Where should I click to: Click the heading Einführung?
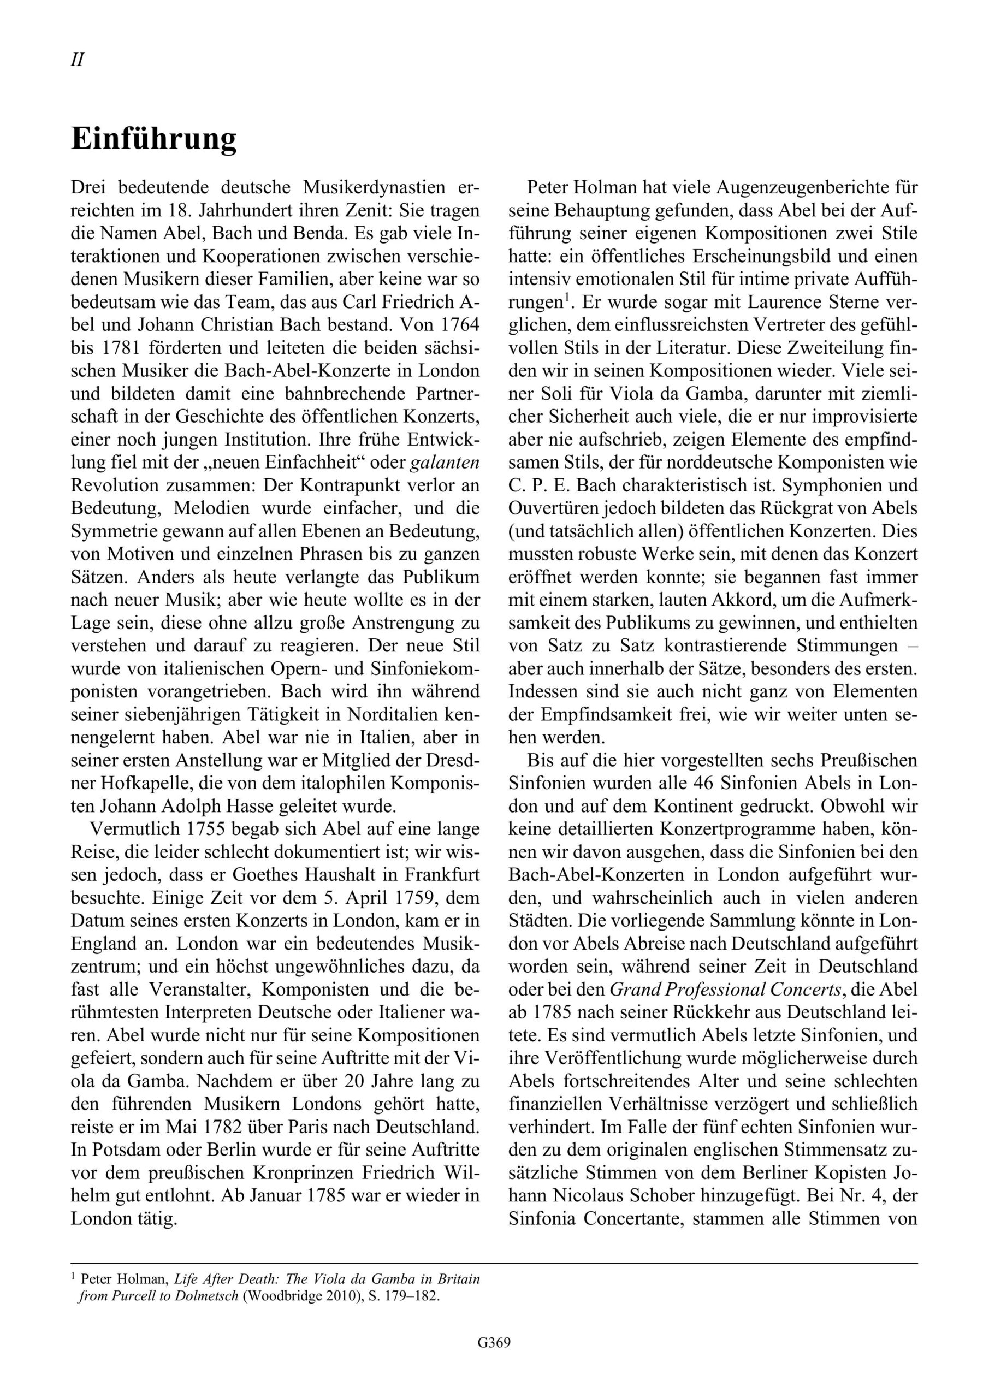click(x=153, y=139)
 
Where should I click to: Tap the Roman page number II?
click(x=78, y=60)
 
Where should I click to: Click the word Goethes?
click(x=268, y=875)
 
